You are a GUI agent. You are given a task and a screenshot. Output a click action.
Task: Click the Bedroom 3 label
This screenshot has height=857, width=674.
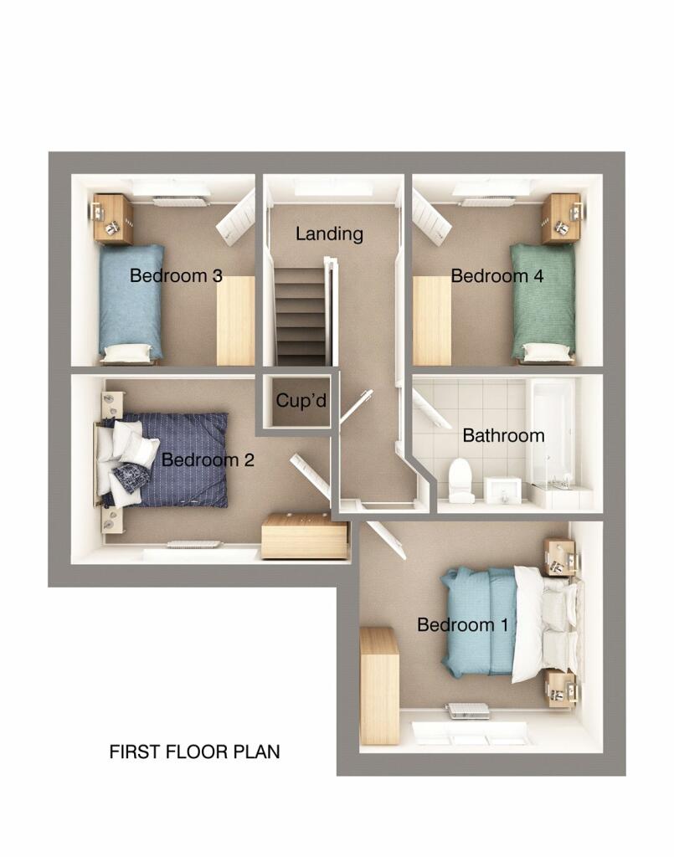pyautogui.click(x=176, y=276)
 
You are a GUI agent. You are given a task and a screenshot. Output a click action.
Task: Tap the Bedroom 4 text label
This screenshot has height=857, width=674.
pyautogui.click(x=497, y=276)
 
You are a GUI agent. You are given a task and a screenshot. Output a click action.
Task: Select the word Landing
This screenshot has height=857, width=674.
pyautogui.click(x=329, y=234)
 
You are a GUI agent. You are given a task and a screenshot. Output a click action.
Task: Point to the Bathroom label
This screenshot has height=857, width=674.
pyautogui.click(x=503, y=436)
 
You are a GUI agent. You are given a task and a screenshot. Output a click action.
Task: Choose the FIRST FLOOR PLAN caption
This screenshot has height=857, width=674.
pyautogui.click(x=194, y=752)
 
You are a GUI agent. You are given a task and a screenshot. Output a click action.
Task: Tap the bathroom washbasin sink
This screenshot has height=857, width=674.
pyautogui.click(x=504, y=490)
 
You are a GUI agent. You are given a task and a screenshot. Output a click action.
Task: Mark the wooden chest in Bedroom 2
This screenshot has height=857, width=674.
pyautogui.click(x=305, y=536)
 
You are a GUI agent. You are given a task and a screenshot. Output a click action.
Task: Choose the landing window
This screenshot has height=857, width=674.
pyautogui.click(x=332, y=188)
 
